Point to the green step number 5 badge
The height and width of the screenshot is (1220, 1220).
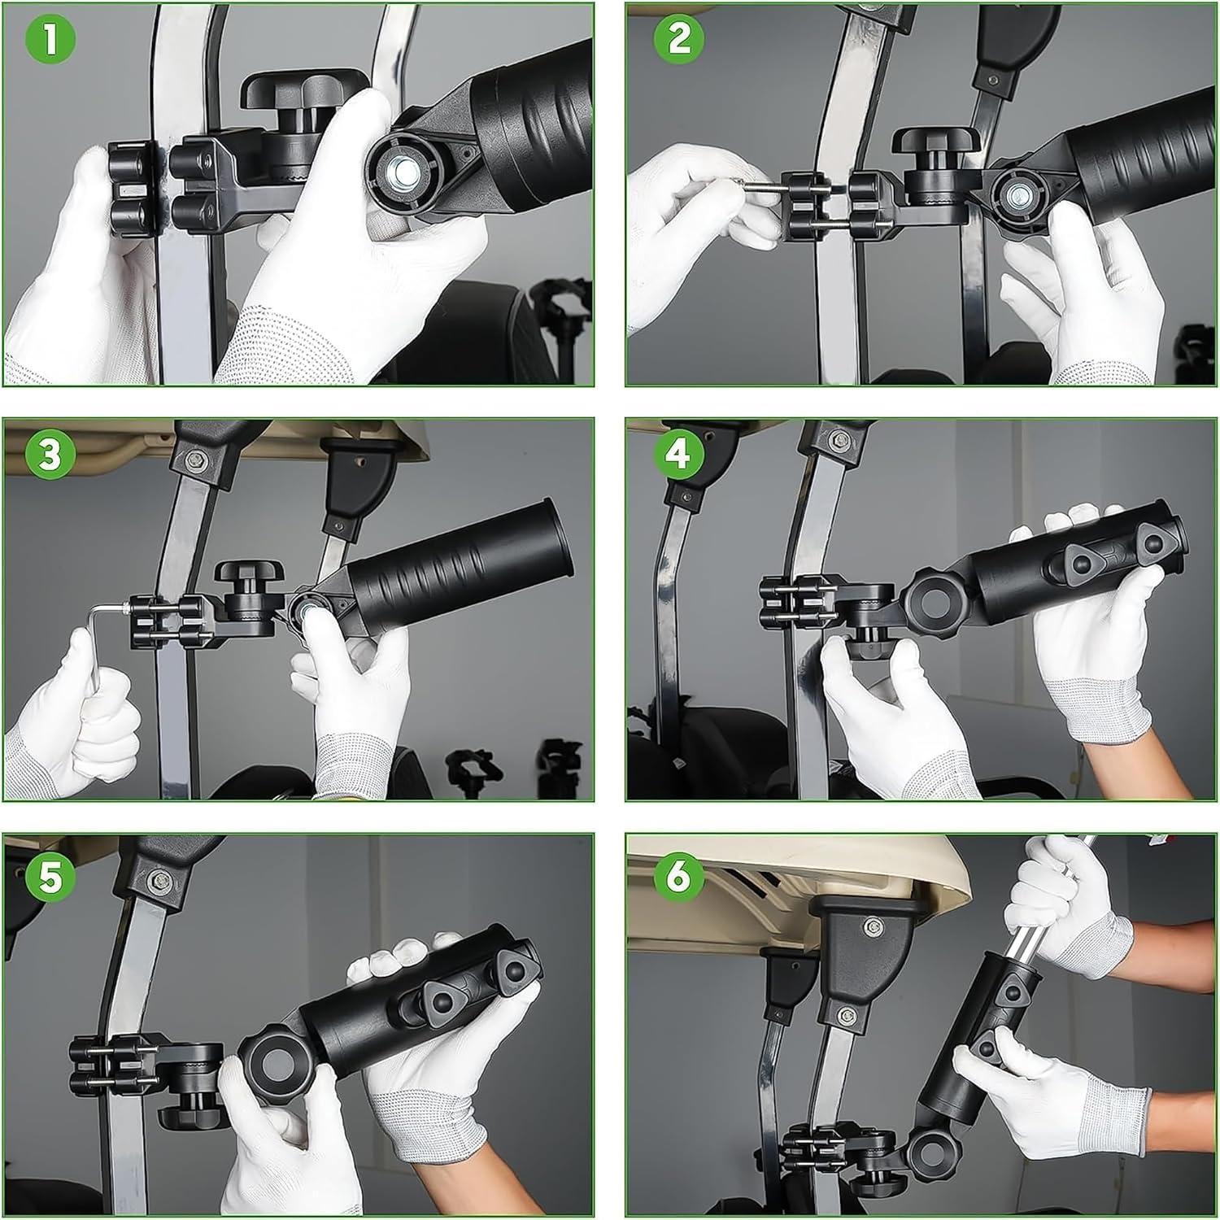coord(50,879)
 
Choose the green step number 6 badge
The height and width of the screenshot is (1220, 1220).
coord(680,879)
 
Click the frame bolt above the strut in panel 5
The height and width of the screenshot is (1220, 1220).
coord(155,879)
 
